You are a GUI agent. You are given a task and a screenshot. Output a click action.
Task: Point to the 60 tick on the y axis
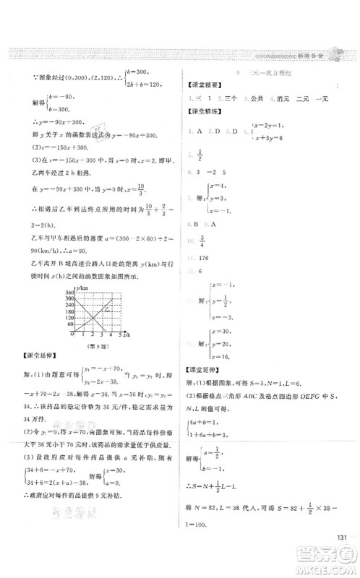tap(72, 327)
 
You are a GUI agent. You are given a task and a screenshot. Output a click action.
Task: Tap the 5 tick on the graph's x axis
tap(119, 336)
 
